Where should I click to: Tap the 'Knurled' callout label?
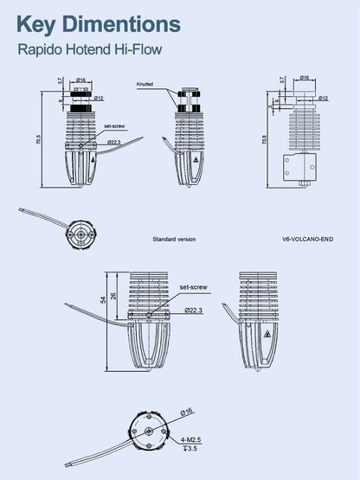coord(145,84)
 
